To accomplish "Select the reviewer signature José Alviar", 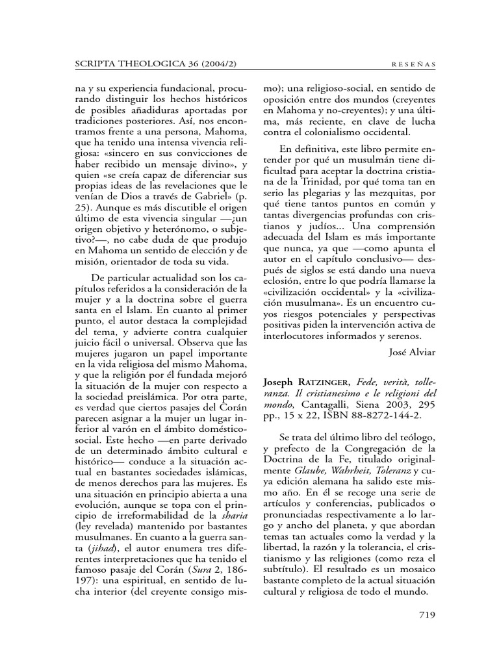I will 411,351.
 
